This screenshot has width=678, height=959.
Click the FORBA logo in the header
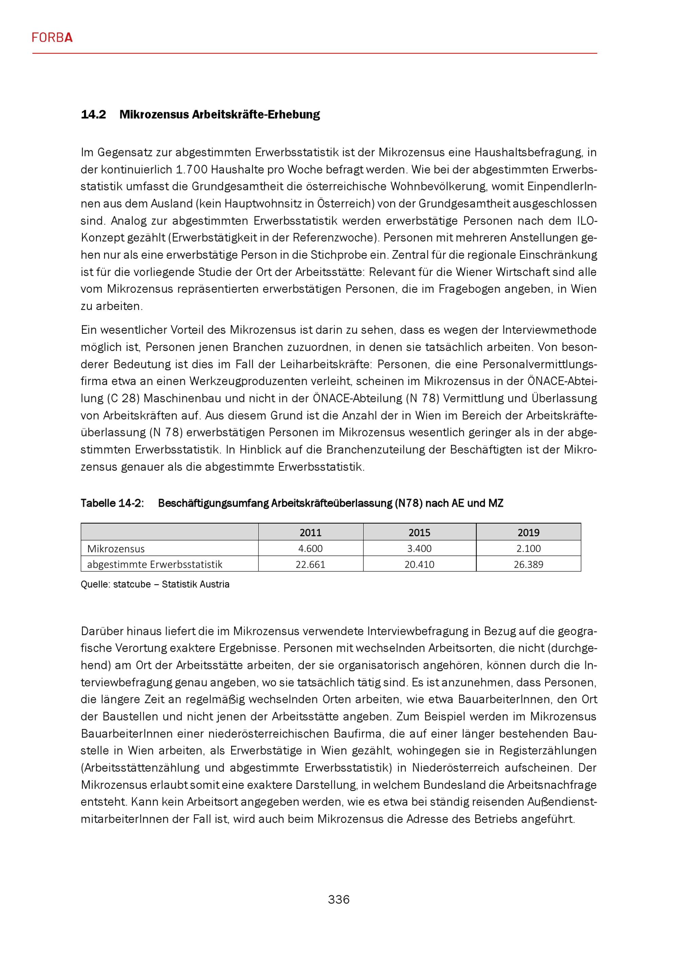52,38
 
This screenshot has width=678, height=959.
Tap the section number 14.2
94,114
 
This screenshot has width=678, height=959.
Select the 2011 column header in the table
310,532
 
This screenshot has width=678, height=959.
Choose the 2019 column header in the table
528,532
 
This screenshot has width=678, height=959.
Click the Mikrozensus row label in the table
116,548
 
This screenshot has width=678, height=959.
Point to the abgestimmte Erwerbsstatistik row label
155,564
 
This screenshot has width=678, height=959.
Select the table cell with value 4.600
310,548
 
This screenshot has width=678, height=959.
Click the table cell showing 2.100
528,548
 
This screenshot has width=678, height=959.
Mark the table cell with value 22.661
310,564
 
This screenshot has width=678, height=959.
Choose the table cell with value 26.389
528,564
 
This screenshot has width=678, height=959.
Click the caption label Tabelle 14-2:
112,503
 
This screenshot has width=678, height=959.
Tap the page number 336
339,899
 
